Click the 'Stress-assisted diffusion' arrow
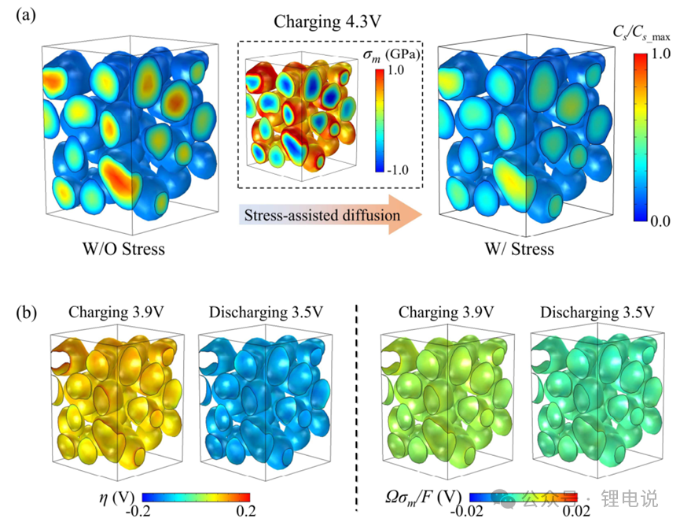[330, 213]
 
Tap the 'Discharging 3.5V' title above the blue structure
[266, 313]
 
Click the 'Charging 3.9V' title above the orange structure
[112, 313]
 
